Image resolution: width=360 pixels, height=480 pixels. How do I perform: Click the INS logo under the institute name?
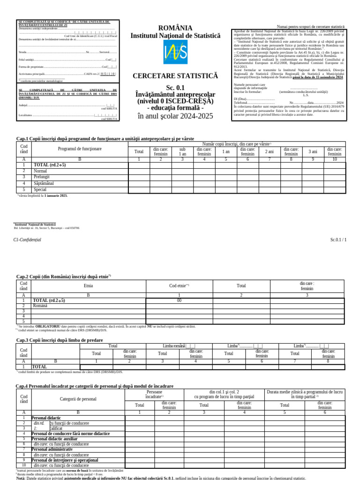[x=175, y=52]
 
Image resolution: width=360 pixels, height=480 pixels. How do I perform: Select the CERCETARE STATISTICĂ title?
[x=175, y=75]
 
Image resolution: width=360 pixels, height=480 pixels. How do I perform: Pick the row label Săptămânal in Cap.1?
[x=44, y=183]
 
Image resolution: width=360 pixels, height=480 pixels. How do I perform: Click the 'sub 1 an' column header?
[x=182, y=151]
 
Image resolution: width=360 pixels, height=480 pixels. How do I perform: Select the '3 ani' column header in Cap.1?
[x=313, y=151]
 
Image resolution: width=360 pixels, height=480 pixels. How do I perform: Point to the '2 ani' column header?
[x=270, y=151]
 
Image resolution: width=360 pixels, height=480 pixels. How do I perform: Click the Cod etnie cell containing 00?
[x=179, y=300]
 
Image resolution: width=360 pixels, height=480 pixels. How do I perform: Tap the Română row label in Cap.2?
[x=40, y=306]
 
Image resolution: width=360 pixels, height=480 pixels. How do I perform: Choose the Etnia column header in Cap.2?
[x=88, y=285]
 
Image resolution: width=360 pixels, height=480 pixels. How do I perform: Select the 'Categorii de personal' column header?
[x=78, y=399]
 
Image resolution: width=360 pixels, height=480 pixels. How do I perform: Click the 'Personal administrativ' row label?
[x=52, y=449]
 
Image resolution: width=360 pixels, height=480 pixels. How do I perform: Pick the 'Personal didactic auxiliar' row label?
[x=54, y=439]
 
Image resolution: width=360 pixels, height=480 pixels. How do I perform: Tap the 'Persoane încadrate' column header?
[x=154, y=393]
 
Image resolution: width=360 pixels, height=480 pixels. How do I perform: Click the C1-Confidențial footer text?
[x=27, y=240]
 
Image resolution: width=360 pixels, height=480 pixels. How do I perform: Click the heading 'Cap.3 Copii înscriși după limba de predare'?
[x=60, y=340]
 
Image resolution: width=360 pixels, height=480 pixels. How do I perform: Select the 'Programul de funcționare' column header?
[x=80, y=149]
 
